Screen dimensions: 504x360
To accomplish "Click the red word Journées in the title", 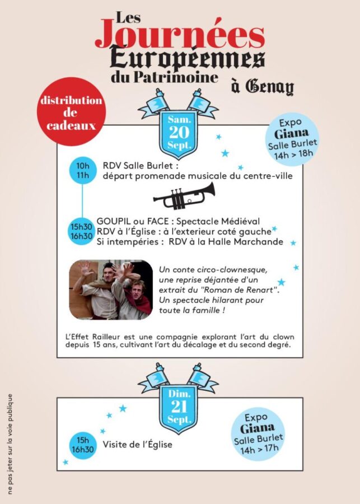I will (x=180, y=35).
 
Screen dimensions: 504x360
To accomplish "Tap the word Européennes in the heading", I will (x=188, y=58).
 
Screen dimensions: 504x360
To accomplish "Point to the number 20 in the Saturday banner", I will (x=180, y=133).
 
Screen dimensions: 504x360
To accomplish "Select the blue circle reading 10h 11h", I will (x=83, y=171).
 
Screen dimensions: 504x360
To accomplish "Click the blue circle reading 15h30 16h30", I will (x=82, y=232).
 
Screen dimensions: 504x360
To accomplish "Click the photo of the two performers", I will (x=111, y=290).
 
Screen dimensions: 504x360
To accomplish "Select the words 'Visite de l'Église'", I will (x=137, y=445).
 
